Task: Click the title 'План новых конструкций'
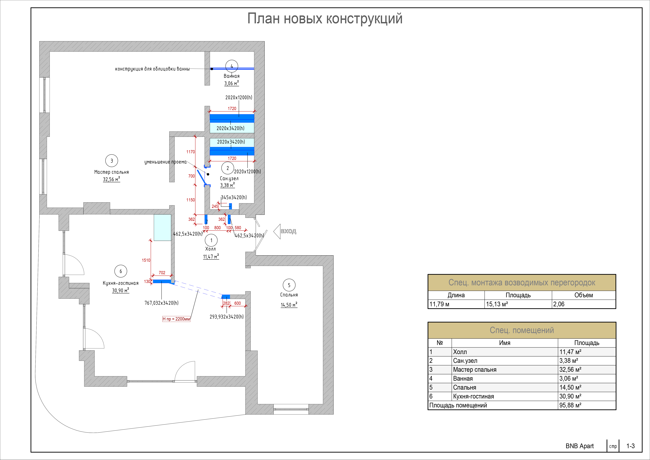tap(325, 19)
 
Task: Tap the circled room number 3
tap(111, 161)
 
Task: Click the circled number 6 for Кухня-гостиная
tap(121, 271)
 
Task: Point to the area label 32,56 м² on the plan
tap(111, 179)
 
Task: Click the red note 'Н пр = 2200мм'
tap(176, 319)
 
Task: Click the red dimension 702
tap(162, 273)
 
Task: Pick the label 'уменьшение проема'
tap(165, 162)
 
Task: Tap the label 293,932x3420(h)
tap(227, 317)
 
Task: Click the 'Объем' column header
tap(583, 295)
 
